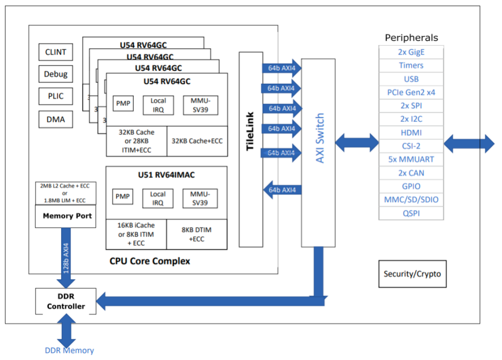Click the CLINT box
pyautogui.click(x=56, y=52)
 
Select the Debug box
pyautogui.click(x=56, y=74)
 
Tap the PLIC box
pyautogui.click(x=56, y=96)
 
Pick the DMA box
pyautogui.click(x=56, y=119)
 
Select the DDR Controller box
pyautogui.click(x=66, y=302)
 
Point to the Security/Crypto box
pyautogui.click(x=412, y=274)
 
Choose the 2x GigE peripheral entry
pyautogui.click(x=411, y=52)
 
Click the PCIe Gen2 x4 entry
pyautogui.click(x=411, y=93)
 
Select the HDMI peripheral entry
pyautogui.click(x=411, y=133)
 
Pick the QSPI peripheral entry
pyautogui.click(x=411, y=213)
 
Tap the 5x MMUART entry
pyautogui.click(x=411, y=159)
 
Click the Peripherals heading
pyautogui.click(x=411, y=38)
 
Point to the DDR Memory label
pyautogui.click(x=69, y=351)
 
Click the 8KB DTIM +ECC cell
pyautogui.click(x=198, y=235)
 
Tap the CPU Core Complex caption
pyautogui.click(x=150, y=261)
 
